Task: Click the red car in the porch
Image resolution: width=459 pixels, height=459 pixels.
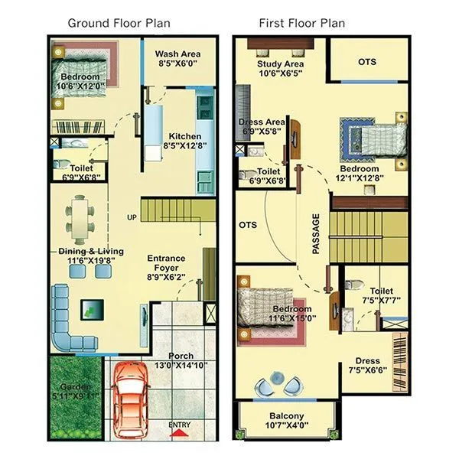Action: tap(131, 399)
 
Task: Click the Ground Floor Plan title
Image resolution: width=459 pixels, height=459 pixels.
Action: tap(119, 23)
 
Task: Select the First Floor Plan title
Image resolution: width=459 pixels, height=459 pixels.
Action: tap(301, 23)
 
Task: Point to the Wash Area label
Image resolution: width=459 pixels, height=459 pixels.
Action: tap(177, 54)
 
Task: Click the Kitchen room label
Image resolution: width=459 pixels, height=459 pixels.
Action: tap(184, 136)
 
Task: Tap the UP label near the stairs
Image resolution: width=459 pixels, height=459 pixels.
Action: tap(132, 217)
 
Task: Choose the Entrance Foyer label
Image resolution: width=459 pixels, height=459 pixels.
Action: tap(166, 263)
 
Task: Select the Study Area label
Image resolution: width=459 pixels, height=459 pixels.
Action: tap(282, 64)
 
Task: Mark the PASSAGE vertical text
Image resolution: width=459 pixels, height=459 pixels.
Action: tap(316, 233)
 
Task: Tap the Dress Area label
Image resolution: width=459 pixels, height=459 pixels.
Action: tap(261, 122)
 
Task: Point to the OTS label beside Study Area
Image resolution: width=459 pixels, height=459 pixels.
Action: tap(367, 61)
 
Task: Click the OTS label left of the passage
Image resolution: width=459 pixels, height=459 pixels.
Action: tap(248, 226)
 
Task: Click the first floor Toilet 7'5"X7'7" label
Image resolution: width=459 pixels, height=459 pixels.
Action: tap(381, 291)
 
